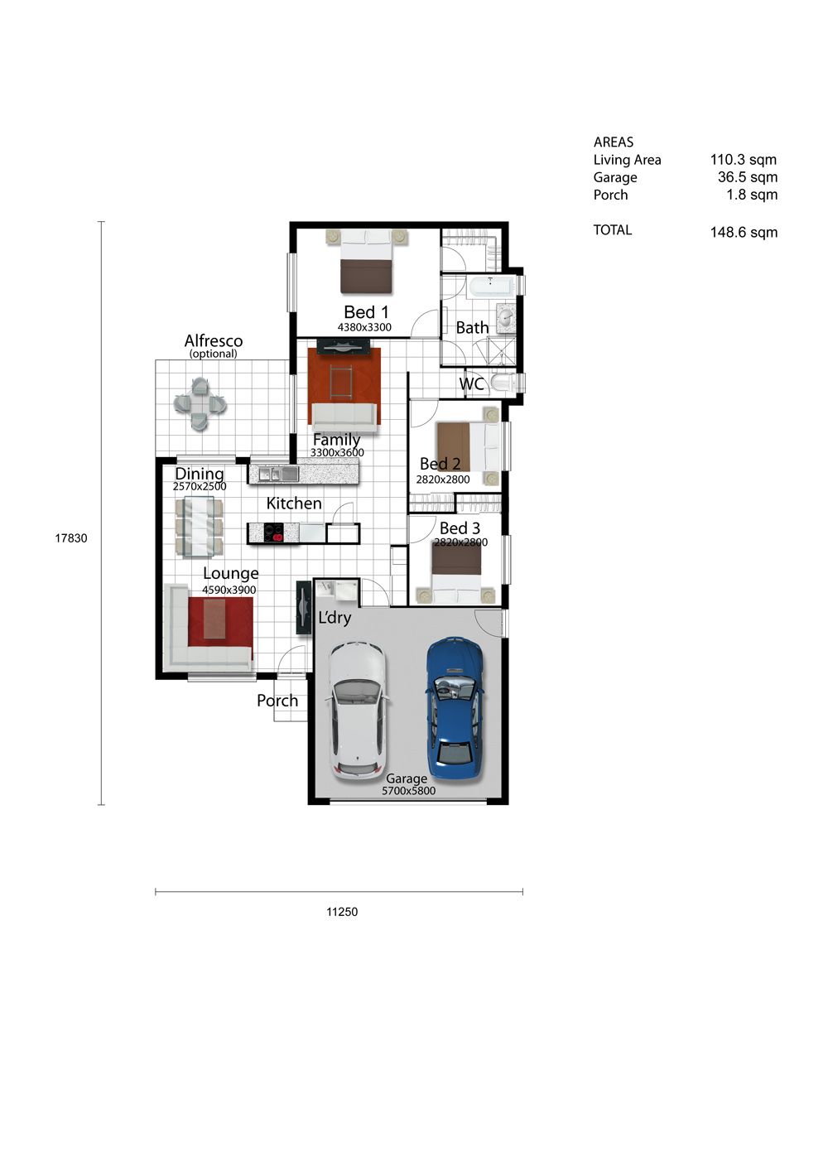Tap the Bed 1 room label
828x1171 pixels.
[x=366, y=312]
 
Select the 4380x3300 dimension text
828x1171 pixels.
[x=364, y=327]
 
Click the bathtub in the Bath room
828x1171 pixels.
[x=492, y=287]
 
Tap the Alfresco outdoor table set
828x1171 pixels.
[x=200, y=405]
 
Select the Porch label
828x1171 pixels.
[x=277, y=701]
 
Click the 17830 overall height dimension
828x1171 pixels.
[x=71, y=538]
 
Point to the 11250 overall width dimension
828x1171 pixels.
[x=342, y=912]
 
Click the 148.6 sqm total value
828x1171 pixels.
[x=744, y=232]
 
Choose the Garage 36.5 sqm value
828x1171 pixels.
[x=748, y=176]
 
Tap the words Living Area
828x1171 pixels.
[x=627, y=160]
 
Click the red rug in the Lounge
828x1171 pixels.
[x=220, y=623]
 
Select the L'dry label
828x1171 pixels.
[x=335, y=618]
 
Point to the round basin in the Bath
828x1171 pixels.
[x=505, y=317]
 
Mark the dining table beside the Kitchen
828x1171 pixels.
[x=200, y=527]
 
